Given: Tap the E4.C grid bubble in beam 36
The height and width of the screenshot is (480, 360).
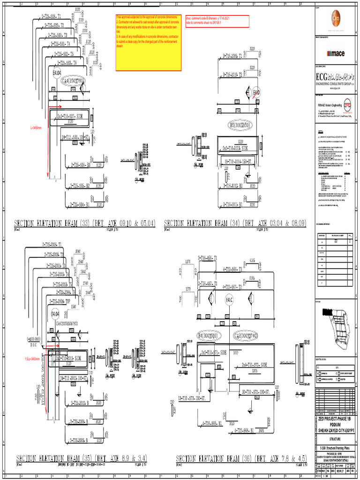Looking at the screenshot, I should click(x=230, y=300).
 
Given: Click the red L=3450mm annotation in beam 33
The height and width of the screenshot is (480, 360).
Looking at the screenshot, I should click(x=37, y=127).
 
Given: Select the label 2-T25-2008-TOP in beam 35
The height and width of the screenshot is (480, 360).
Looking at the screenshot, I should click(x=60, y=302).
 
